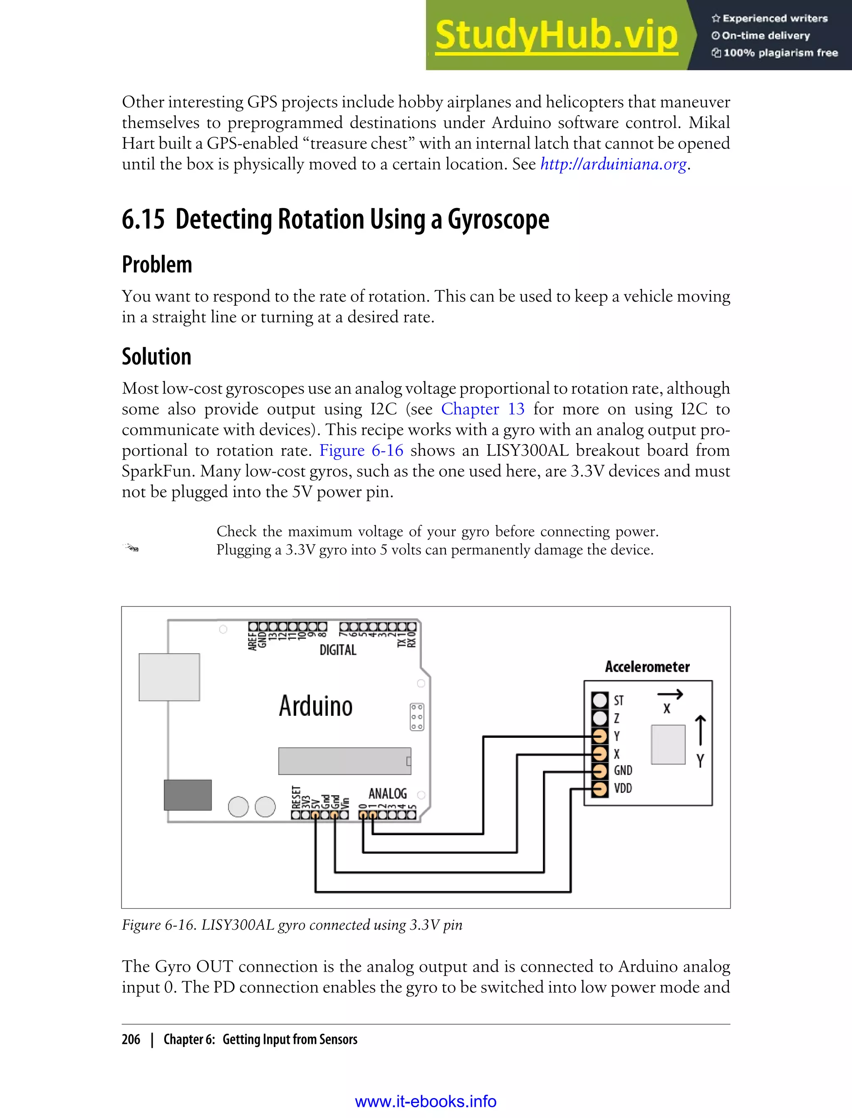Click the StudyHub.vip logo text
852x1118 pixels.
click(x=556, y=35)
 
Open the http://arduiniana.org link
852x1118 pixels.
click(x=613, y=164)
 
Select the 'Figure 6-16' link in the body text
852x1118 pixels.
click(x=361, y=451)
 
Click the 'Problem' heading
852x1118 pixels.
click(x=157, y=265)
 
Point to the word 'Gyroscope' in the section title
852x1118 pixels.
click(x=498, y=220)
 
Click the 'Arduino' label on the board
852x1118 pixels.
click(x=315, y=706)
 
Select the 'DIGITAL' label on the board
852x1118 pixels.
click(x=338, y=650)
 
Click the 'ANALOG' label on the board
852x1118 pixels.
click(x=387, y=794)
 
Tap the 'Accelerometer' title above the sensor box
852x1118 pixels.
click(x=647, y=667)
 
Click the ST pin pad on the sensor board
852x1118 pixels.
click(x=599, y=700)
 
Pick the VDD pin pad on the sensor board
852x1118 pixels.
click(x=599, y=789)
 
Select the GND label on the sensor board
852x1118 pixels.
click(x=623, y=771)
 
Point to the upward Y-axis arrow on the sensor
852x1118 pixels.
click(x=701, y=730)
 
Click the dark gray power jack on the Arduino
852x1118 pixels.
click(x=188, y=794)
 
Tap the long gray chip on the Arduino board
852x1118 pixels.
click(x=344, y=761)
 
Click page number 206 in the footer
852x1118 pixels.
click(x=131, y=1039)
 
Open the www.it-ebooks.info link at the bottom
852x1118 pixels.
click(x=426, y=1101)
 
